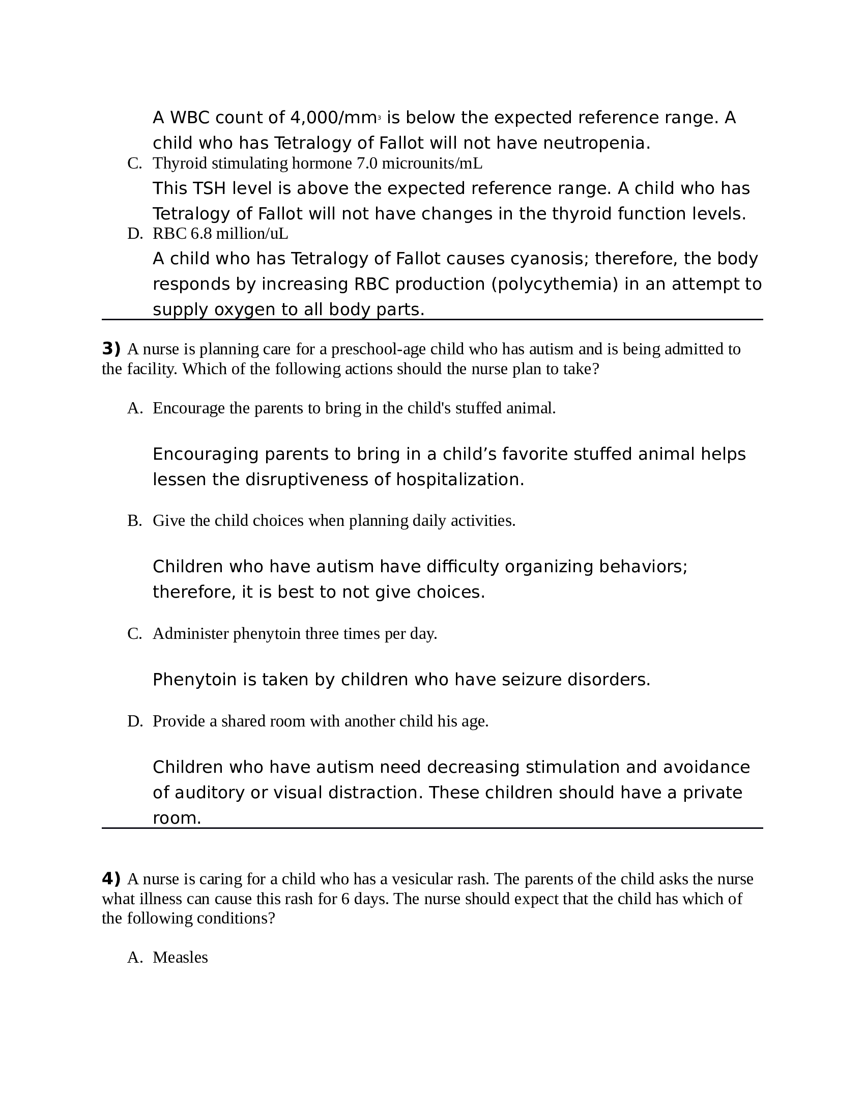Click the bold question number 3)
pyautogui.click(x=111, y=349)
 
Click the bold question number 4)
pyautogui.click(x=111, y=879)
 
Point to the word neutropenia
pyautogui.click(x=596, y=143)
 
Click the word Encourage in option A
pyautogui.click(x=189, y=408)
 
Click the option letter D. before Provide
pyautogui.click(x=135, y=721)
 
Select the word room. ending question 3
pyautogui.click(x=177, y=818)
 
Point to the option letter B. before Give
pyautogui.click(x=135, y=521)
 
